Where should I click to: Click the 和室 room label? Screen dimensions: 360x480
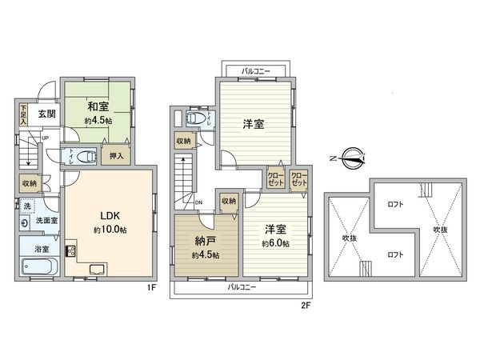97,105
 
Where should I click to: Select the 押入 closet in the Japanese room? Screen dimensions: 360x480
116,157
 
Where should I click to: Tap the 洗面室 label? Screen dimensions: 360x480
44,220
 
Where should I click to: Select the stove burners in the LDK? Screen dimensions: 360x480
70,252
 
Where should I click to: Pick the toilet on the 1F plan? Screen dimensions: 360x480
88,155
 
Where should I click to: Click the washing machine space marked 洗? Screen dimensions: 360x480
27,206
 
